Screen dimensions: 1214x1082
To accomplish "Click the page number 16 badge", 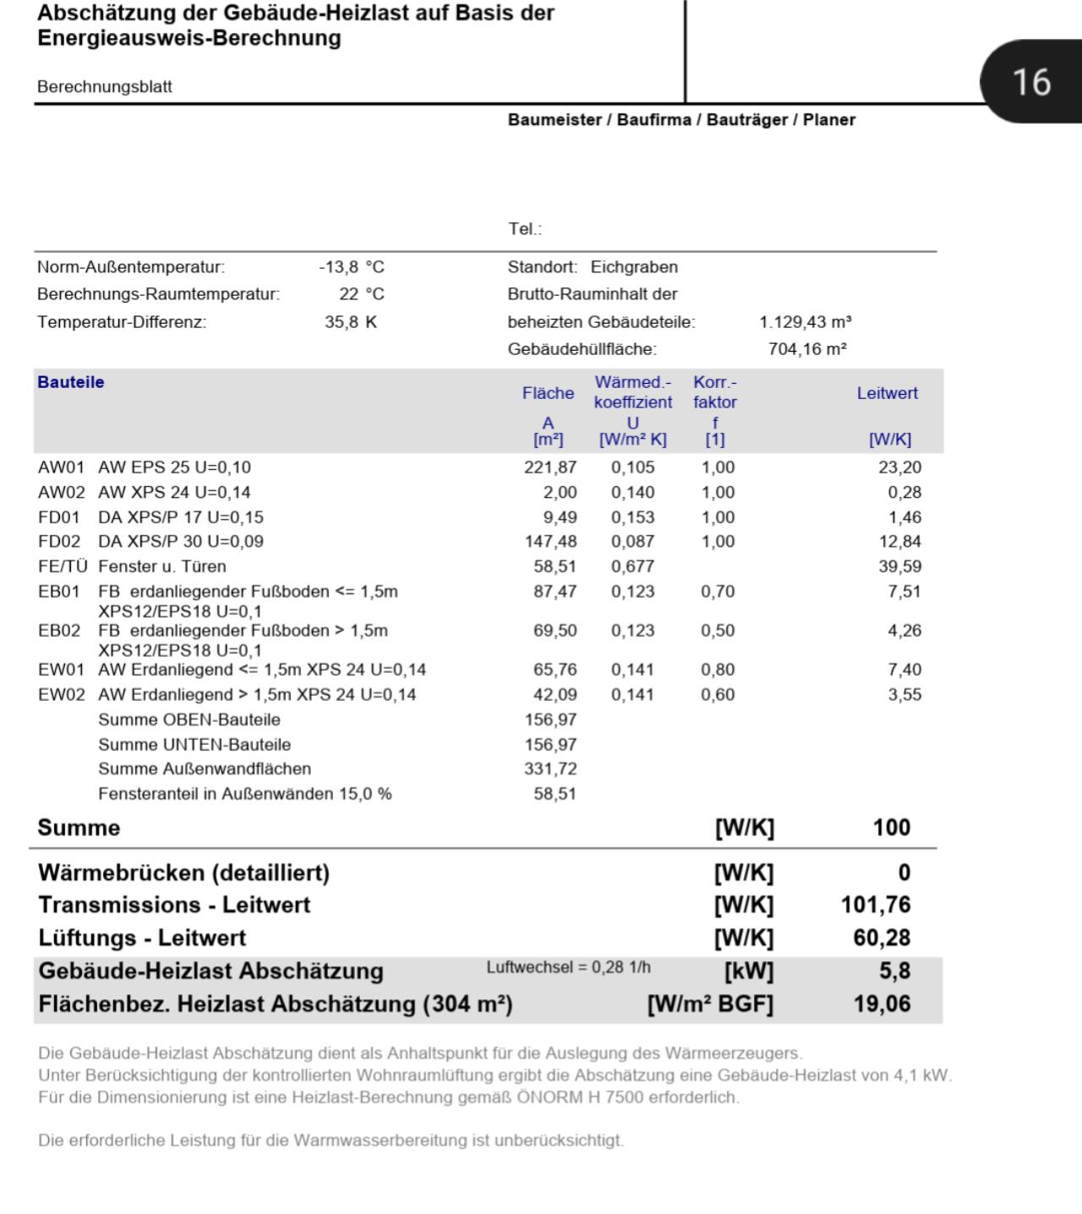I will [x=1030, y=82].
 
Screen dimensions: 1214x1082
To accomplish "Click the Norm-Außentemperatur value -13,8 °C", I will [x=352, y=267].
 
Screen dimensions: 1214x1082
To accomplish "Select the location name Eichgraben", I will [x=634, y=267].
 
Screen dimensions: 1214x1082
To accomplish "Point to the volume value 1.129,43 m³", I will [x=805, y=322].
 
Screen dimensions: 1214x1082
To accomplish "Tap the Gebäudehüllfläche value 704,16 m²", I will [x=807, y=349].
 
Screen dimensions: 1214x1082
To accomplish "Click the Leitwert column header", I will [x=887, y=393].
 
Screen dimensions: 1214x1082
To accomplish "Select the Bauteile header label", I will [x=71, y=382].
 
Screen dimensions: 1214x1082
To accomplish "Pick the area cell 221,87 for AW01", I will [x=550, y=468].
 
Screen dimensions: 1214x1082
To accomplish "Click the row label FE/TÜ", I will [x=63, y=566].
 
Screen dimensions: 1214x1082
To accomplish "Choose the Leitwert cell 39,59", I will [x=899, y=566].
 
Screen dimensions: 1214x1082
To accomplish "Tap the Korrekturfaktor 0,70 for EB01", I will [x=718, y=592].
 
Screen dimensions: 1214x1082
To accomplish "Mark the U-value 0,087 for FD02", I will [x=632, y=542].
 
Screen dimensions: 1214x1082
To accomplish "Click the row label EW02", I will [x=61, y=695].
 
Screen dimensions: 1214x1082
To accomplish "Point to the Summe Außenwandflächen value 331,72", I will [x=550, y=769].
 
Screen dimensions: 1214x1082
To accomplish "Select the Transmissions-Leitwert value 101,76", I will [x=875, y=905].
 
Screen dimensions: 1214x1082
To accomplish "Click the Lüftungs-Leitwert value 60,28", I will [x=882, y=938].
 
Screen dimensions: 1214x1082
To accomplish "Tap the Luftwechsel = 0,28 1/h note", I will [x=568, y=968].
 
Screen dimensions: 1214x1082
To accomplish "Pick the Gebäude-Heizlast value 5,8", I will [x=894, y=971].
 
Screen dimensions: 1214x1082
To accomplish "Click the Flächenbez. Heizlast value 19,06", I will [x=882, y=1004].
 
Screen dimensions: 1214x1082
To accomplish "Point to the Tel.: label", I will [x=524, y=229].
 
